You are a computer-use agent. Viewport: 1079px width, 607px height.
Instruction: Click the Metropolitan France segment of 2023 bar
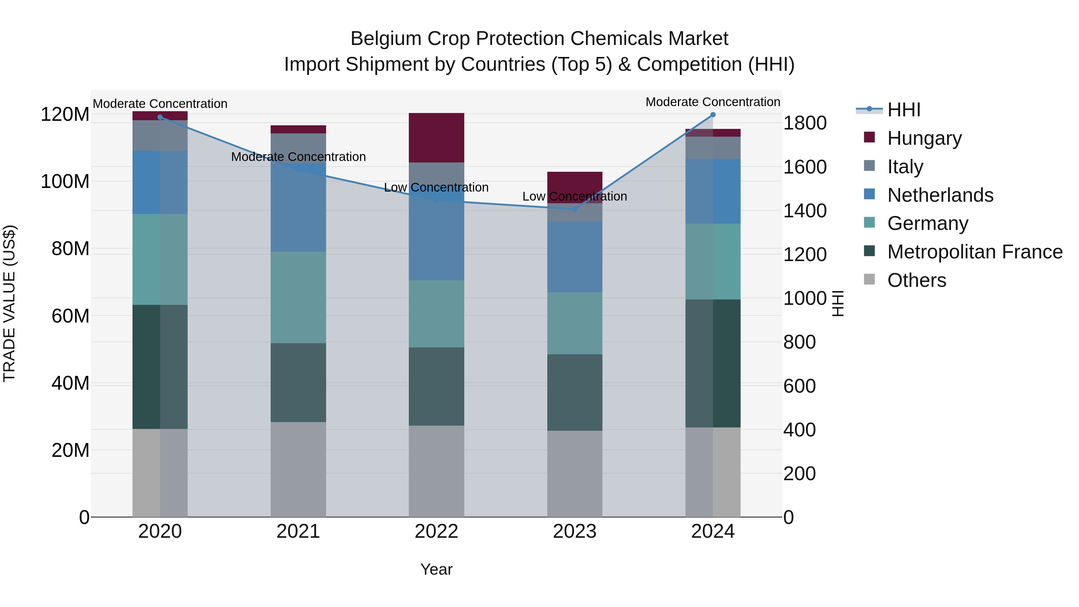point(574,392)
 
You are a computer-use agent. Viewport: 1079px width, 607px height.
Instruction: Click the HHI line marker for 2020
point(160,117)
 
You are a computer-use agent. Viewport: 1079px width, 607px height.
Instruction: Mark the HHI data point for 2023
point(574,209)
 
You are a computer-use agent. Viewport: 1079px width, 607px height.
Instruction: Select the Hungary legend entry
point(924,138)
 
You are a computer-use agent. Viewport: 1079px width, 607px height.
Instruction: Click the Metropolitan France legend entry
point(974,252)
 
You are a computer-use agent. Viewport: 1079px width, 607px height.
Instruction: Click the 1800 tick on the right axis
point(804,123)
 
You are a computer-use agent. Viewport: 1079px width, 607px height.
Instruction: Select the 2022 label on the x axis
point(436,531)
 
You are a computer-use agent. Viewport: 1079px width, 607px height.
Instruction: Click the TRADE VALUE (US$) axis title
point(9,303)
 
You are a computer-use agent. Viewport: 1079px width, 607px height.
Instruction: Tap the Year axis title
point(436,569)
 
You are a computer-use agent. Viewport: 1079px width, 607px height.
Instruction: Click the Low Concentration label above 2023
point(574,196)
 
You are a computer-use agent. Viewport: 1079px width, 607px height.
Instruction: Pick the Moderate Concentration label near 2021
point(298,157)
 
